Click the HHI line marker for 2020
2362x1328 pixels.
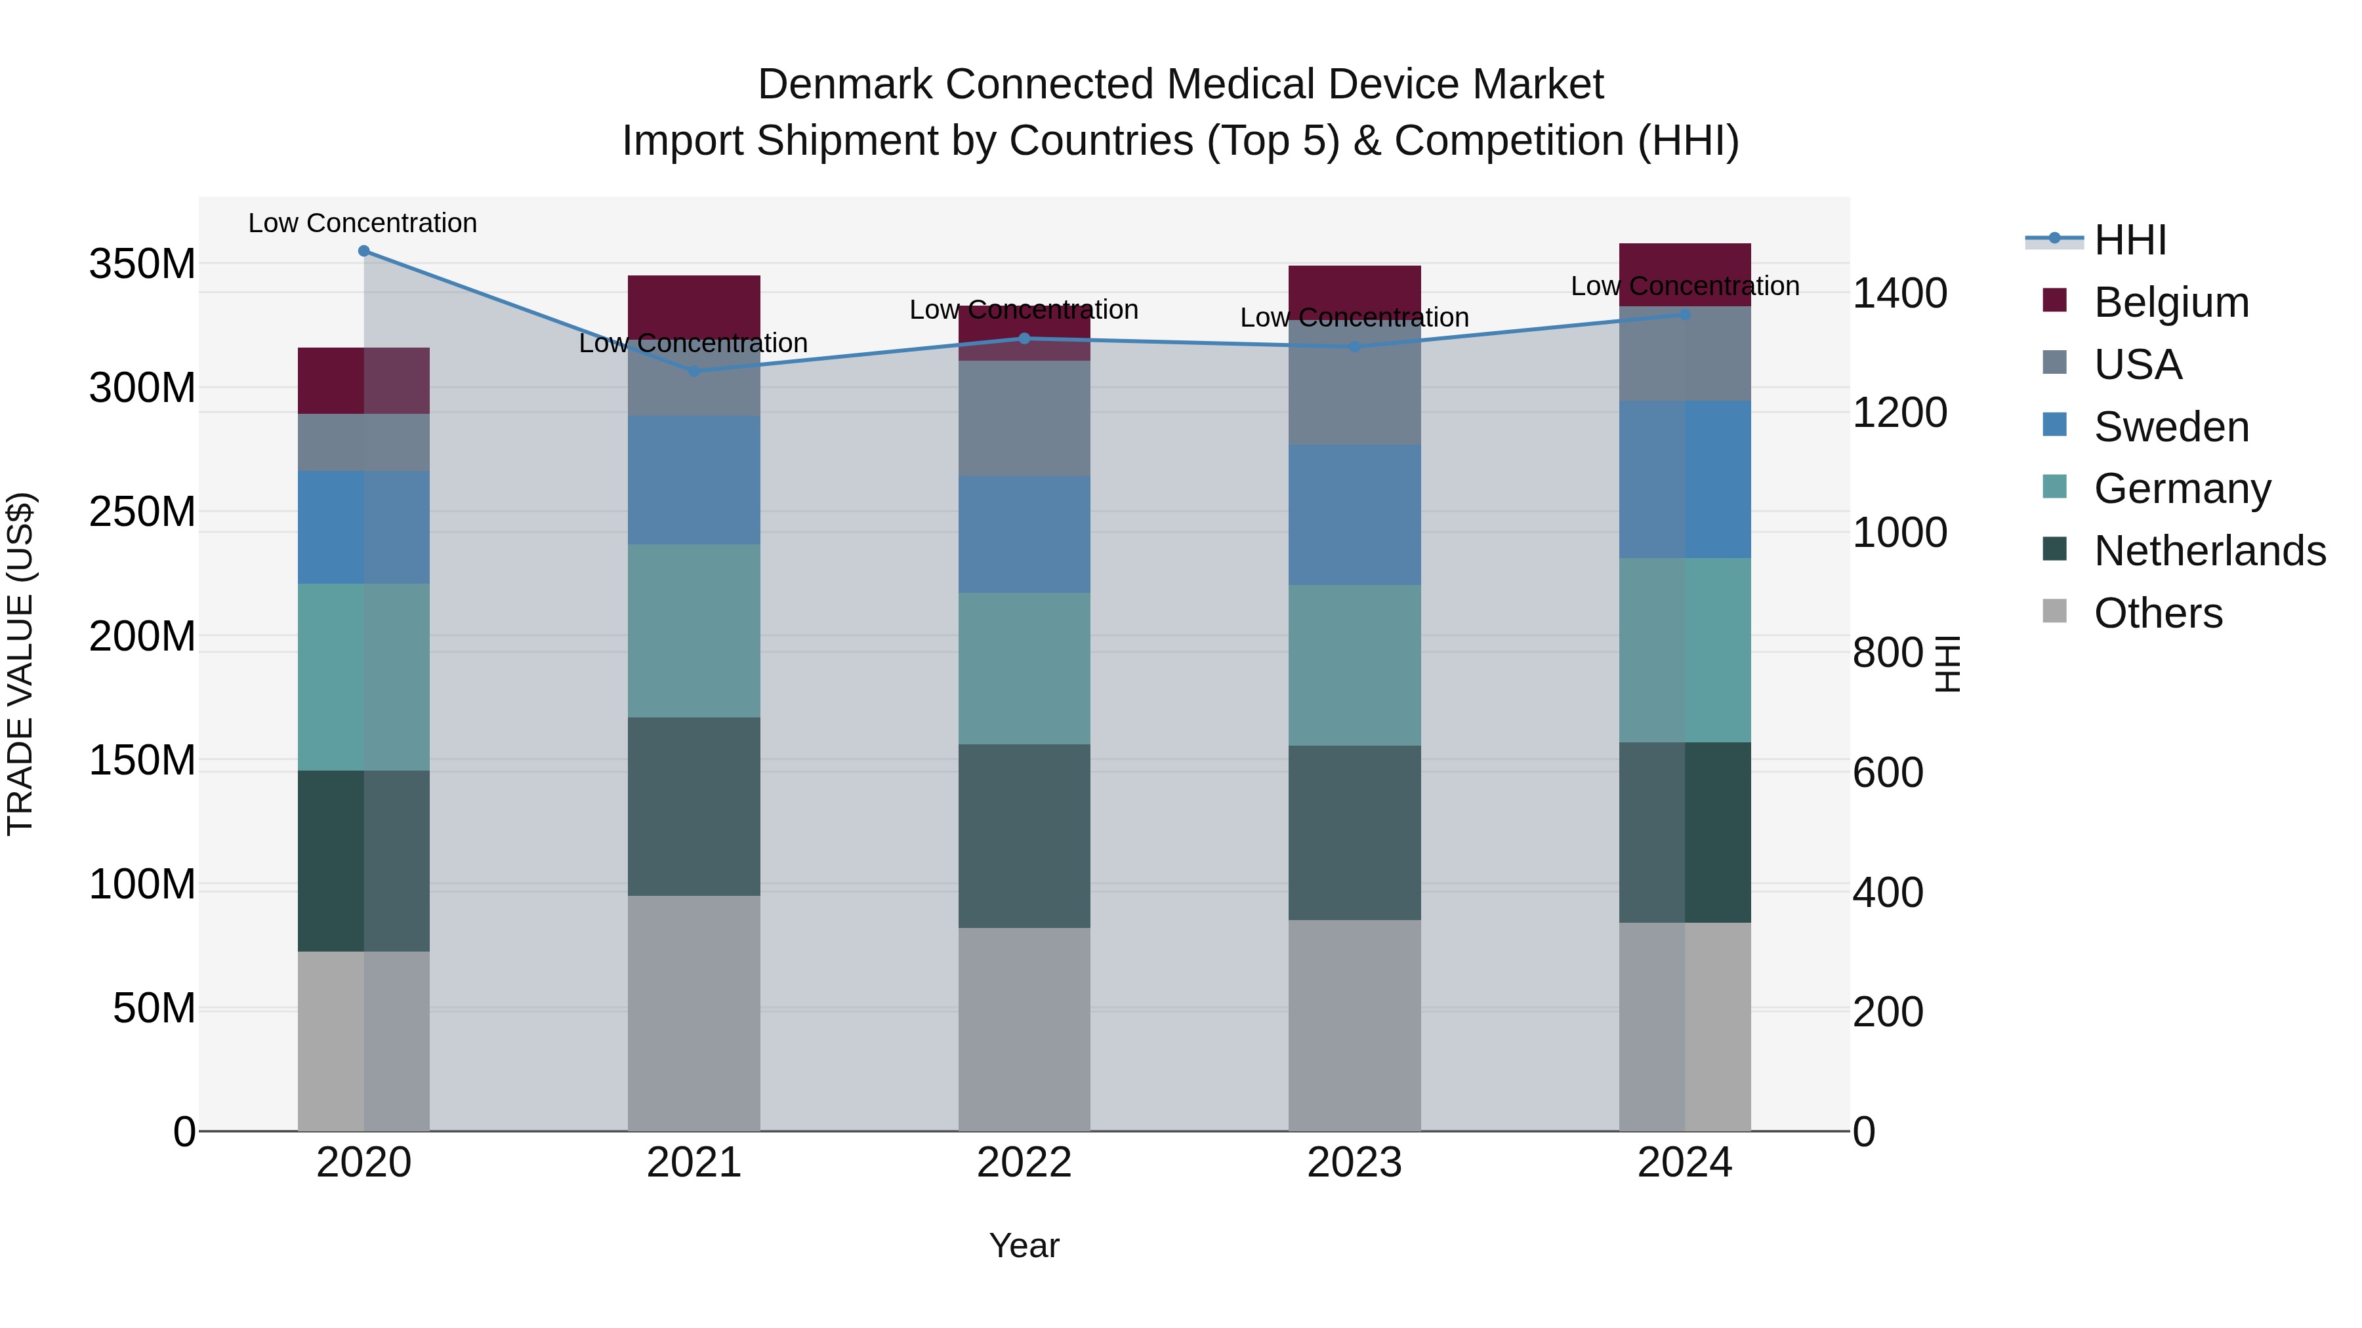tap(364, 251)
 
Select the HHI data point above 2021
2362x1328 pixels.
tap(694, 371)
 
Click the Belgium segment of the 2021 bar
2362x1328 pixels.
tap(694, 304)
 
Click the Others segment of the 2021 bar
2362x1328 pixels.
tap(694, 1012)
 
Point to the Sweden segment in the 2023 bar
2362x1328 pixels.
tap(1354, 514)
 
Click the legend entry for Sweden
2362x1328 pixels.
tap(2170, 427)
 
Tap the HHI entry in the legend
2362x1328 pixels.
tap(2129, 240)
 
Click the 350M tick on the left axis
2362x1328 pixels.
tap(142, 264)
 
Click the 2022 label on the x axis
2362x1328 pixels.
tap(1024, 1163)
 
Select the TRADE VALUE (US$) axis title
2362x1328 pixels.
tap(20, 664)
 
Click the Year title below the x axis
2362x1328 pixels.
tap(1024, 1245)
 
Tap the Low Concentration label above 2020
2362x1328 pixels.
tap(362, 223)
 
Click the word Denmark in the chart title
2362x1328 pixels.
tap(846, 85)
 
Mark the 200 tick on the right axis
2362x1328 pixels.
tap(1888, 1012)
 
